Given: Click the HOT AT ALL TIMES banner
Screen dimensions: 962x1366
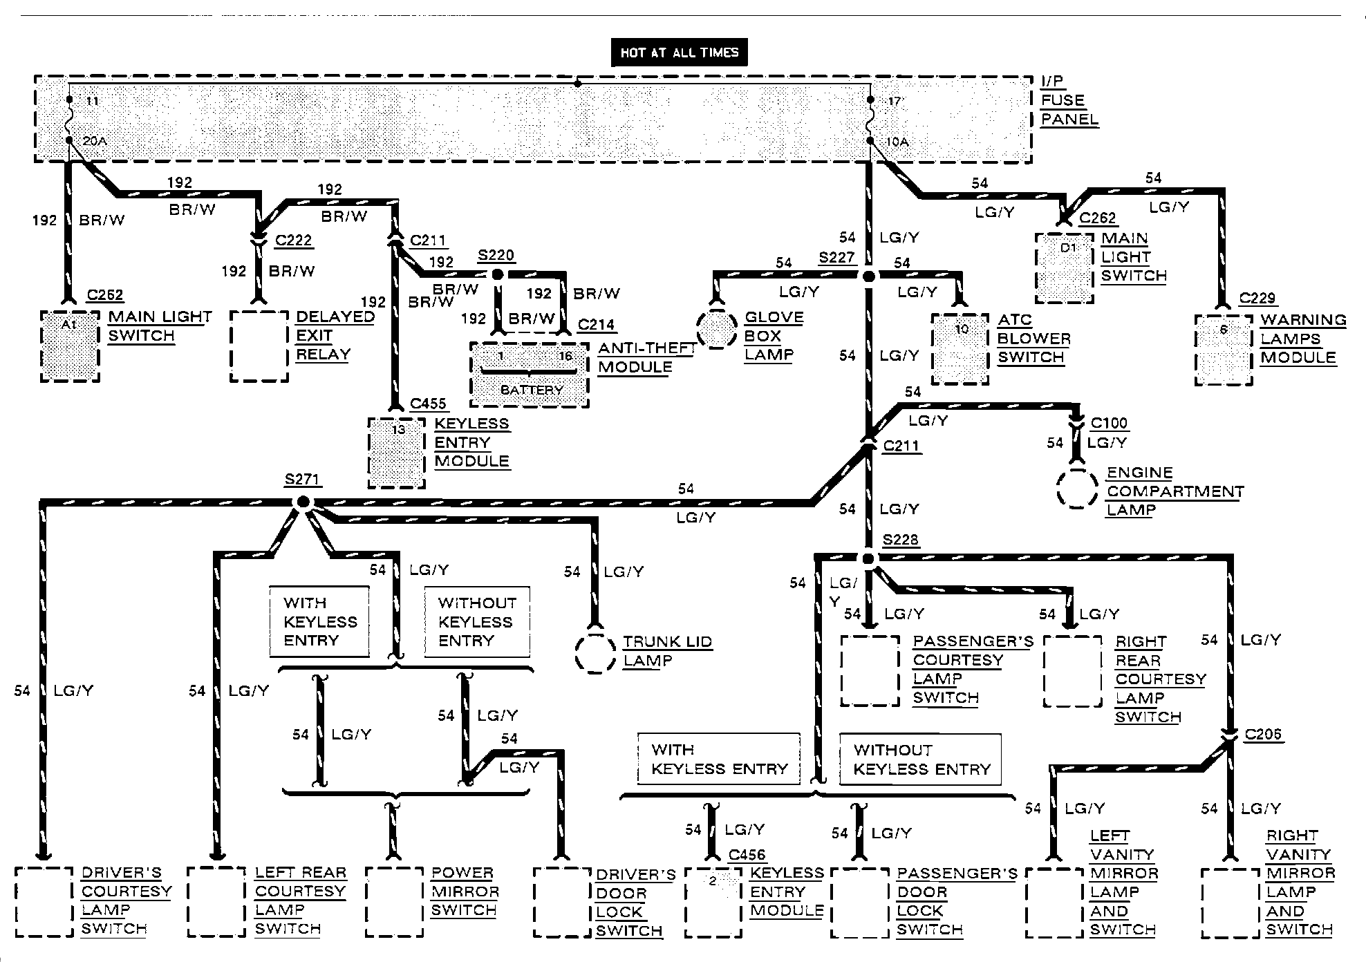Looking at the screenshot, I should tap(679, 53).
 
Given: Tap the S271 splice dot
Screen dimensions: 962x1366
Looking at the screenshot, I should tap(303, 502).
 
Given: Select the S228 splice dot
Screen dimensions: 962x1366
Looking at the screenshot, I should tap(868, 558).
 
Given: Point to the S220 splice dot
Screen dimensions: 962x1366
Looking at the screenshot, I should tap(497, 274).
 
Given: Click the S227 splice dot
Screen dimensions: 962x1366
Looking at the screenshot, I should tap(868, 276).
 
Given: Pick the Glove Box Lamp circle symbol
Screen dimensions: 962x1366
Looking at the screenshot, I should tap(716, 329).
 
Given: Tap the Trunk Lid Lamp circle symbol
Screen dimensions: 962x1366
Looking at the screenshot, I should tap(595, 652).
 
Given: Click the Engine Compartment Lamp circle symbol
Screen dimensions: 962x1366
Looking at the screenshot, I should tap(1076, 489).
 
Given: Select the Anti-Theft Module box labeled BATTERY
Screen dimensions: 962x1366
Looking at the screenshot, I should tap(530, 374).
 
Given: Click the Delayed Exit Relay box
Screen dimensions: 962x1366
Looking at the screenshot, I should tap(259, 346).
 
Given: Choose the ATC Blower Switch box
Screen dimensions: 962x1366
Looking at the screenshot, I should tap(960, 349).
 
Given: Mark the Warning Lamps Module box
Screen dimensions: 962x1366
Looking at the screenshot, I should tap(1223, 350).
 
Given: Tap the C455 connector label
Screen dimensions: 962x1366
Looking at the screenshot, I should tap(428, 404).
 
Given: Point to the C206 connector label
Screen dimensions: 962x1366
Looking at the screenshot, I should tap(1263, 734).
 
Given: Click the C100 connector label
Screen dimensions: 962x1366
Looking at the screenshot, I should tap(1108, 423).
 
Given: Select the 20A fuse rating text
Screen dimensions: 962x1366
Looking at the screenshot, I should tap(95, 142).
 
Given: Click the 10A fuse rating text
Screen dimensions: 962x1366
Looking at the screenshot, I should tap(897, 142).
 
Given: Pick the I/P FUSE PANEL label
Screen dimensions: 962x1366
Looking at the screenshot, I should tap(1069, 101).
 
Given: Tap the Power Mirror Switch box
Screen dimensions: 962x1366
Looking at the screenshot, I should tap(394, 902).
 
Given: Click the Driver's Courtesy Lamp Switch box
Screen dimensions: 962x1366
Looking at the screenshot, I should tap(44, 902).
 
